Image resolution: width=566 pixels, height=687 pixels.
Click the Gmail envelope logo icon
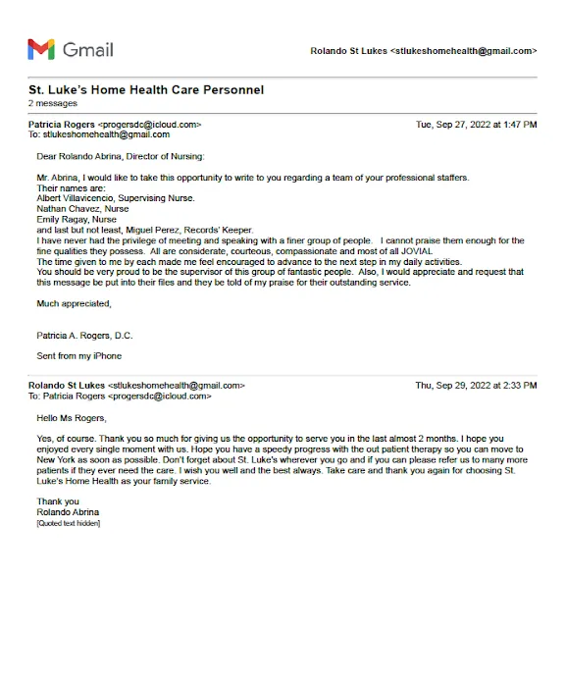coord(41,49)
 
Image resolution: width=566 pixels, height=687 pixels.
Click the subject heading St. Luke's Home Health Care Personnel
coord(146,90)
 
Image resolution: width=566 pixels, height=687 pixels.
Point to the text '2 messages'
coord(53,103)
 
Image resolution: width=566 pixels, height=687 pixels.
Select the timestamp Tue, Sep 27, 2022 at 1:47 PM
coord(476,125)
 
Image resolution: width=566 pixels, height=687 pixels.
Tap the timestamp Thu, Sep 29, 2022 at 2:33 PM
coord(476,386)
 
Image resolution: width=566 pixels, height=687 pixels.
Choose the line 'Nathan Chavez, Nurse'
coord(82,209)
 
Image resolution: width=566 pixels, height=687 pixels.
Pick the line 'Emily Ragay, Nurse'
coord(77,220)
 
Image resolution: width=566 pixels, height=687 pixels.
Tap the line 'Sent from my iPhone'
coord(79,355)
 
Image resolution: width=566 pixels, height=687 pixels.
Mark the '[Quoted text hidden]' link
coord(68,522)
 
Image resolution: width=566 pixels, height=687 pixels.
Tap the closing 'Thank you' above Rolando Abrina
coord(58,502)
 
